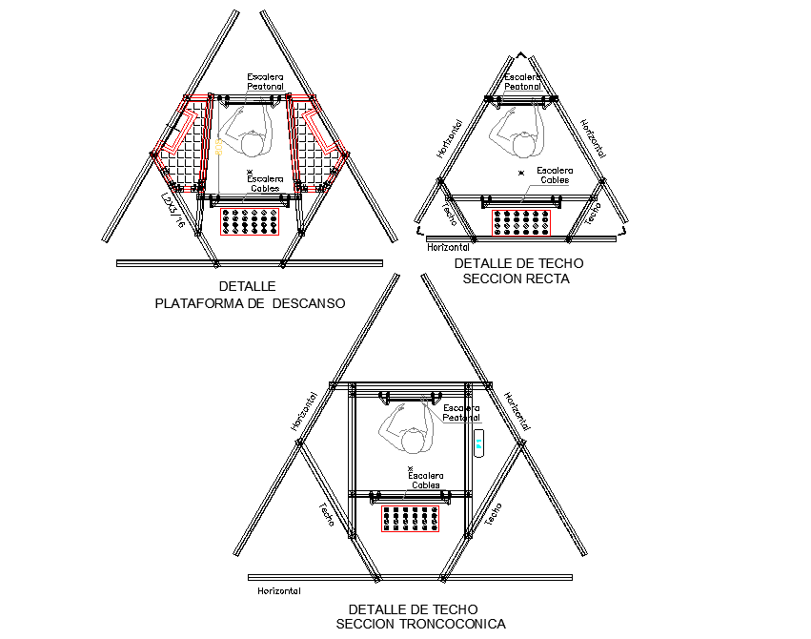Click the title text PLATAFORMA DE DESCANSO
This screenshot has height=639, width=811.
[x=250, y=304]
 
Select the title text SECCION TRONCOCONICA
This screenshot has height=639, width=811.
[x=420, y=624]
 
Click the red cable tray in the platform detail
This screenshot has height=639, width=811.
[x=251, y=222]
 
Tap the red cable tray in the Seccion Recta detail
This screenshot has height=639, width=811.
[x=521, y=223]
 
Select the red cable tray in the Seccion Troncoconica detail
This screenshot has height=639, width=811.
[x=411, y=519]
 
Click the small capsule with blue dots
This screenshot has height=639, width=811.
[x=478, y=443]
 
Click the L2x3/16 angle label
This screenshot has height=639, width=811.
[x=172, y=212]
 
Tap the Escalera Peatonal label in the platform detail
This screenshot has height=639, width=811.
[x=266, y=82]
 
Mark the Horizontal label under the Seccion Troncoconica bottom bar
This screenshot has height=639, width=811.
[x=279, y=590]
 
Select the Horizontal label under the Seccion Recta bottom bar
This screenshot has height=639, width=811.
[x=450, y=247]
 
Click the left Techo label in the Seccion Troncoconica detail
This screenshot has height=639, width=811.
[x=326, y=515]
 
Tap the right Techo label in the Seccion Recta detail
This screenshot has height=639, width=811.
[x=592, y=212]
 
